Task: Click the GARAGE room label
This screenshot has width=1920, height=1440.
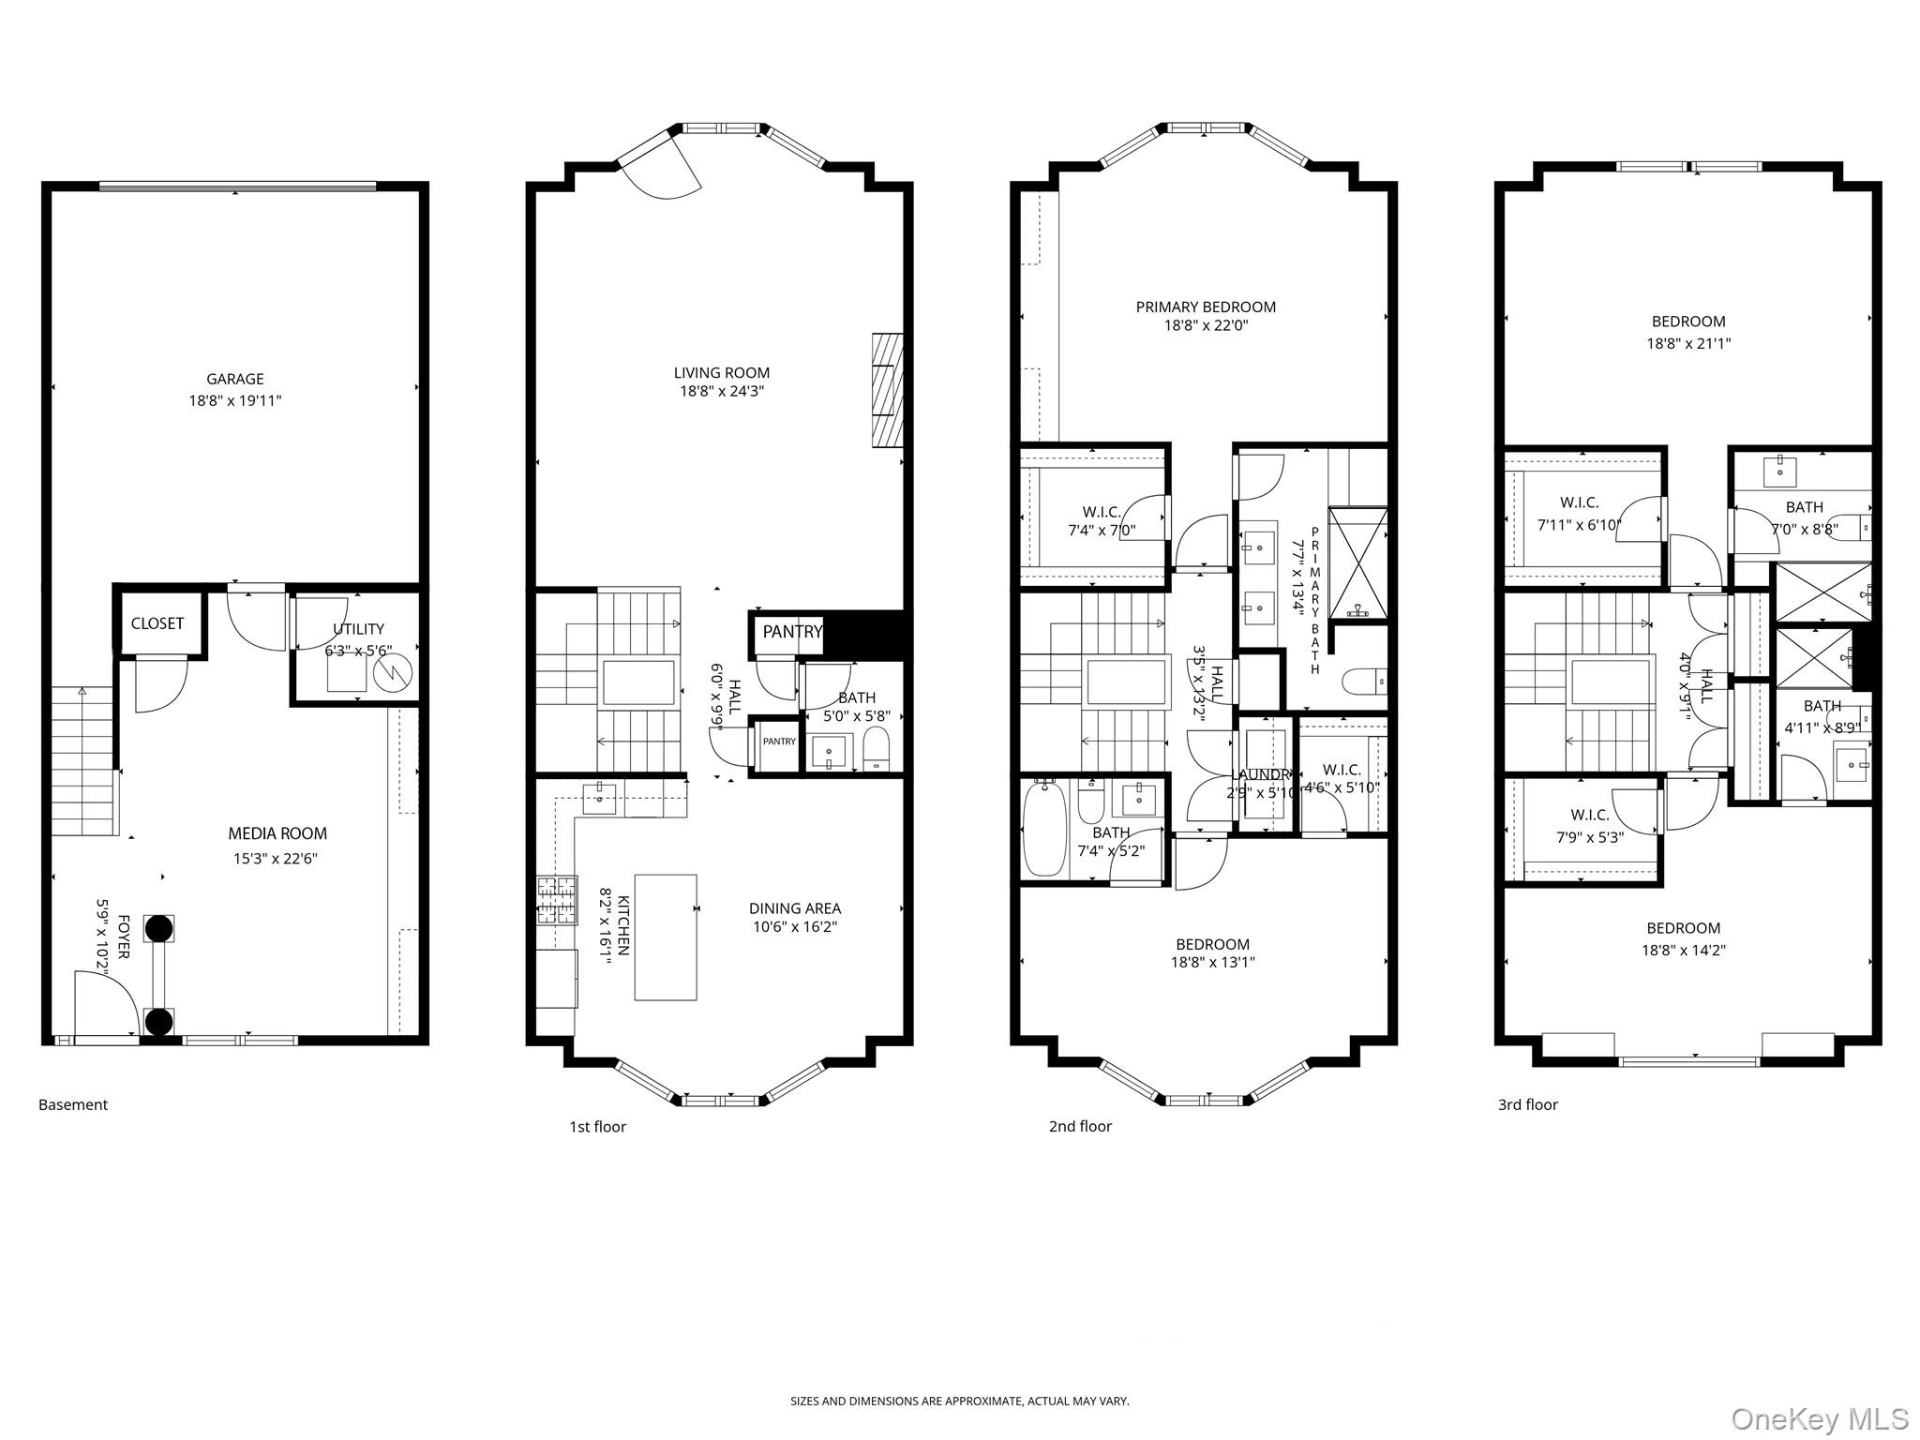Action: (x=234, y=379)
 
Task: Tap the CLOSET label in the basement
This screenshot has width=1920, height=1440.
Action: (x=157, y=623)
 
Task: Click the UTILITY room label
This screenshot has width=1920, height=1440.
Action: (x=358, y=629)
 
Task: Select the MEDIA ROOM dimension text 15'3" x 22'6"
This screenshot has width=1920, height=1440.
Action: (x=276, y=858)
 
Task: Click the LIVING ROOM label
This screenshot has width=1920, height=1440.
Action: (x=721, y=373)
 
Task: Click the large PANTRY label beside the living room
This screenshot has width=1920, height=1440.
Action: (x=791, y=632)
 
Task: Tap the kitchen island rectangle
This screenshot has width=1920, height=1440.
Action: (x=666, y=937)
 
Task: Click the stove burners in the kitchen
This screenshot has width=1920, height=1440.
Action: (x=557, y=900)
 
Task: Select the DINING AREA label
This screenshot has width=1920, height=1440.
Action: (x=794, y=907)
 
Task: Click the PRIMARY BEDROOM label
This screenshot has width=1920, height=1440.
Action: (x=1205, y=307)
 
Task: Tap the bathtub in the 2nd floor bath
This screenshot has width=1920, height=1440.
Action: (x=1043, y=830)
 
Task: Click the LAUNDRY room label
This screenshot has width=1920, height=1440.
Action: (x=1261, y=774)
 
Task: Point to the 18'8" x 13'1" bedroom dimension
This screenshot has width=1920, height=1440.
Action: (x=1212, y=962)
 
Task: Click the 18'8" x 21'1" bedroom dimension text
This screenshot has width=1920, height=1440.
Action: (x=1688, y=343)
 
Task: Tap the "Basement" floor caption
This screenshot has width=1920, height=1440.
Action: (x=73, y=1104)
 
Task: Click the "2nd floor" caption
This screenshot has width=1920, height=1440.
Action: (x=1080, y=1126)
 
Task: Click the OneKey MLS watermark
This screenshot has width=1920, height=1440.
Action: (x=1819, y=1418)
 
